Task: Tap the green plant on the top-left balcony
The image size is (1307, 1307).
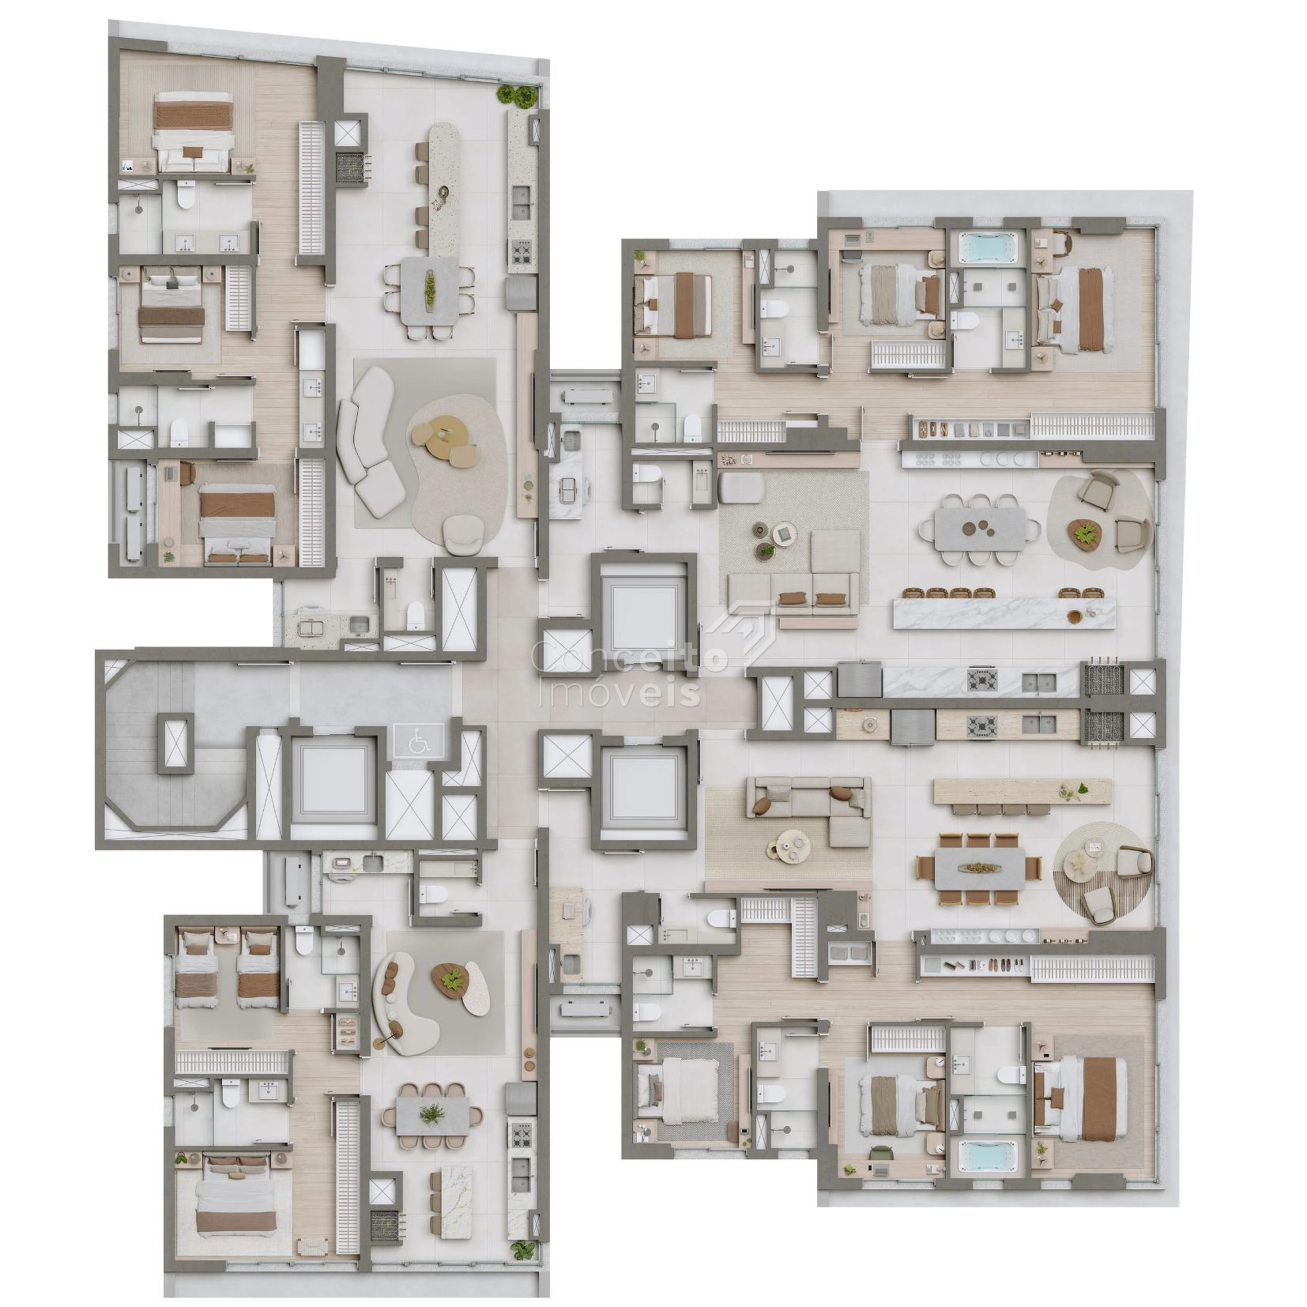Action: point(518,96)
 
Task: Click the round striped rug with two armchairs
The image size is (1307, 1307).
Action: point(1102,872)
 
